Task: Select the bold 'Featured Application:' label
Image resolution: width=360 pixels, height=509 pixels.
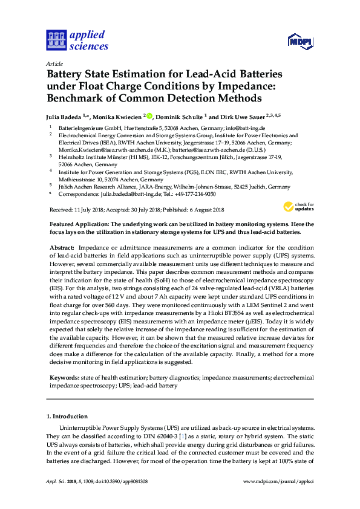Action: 80,223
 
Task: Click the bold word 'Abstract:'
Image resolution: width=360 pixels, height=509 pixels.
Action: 62,248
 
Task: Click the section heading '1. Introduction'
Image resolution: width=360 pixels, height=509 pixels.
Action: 67,417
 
